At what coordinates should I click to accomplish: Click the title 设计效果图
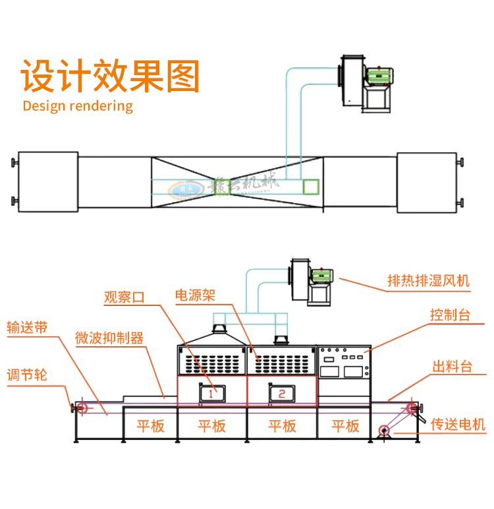click(x=111, y=76)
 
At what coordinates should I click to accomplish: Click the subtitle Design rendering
click(x=78, y=105)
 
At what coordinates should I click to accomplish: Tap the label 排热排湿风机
click(x=428, y=282)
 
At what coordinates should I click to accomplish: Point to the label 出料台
click(x=452, y=367)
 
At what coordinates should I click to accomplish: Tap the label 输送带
click(x=27, y=328)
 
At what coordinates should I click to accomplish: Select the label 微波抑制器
click(x=109, y=339)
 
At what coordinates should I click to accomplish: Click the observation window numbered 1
click(x=211, y=393)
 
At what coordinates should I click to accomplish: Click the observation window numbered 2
click(x=281, y=394)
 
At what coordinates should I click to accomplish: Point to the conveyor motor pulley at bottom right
click(x=384, y=432)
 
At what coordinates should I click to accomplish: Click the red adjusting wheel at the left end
click(x=83, y=409)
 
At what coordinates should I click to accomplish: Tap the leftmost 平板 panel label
click(x=150, y=426)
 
